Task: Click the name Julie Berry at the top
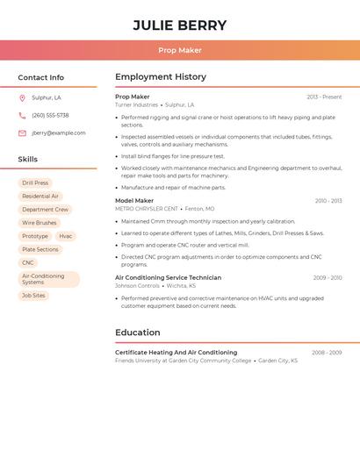(179, 25)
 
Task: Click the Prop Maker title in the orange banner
(179, 50)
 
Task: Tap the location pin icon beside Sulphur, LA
(22, 98)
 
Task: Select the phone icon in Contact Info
(22, 116)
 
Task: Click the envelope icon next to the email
(22, 133)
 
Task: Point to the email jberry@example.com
(59, 133)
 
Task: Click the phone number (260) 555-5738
(50, 116)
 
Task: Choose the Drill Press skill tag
(35, 183)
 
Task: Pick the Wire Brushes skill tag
(40, 223)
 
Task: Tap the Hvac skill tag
(66, 236)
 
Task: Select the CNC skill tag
(28, 262)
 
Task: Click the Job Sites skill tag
(33, 296)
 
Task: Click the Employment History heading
(161, 77)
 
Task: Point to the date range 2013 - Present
(324, 97)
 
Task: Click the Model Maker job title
(134, 201)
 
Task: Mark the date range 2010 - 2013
(328, 201)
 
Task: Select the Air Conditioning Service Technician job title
(168, 277)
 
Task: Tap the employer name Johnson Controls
(137, 285)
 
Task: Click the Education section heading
(138, 333)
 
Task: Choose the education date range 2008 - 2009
(327, 353)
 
